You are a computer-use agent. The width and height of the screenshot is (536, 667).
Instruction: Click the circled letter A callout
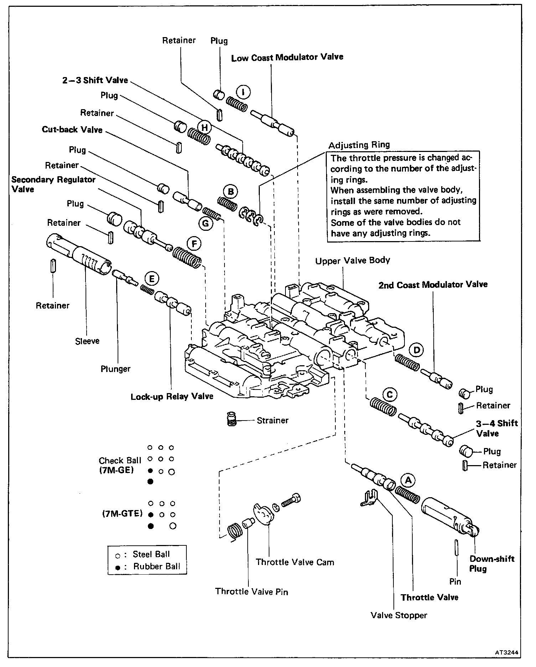408,480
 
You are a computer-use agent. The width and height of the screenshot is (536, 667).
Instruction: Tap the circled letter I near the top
244,92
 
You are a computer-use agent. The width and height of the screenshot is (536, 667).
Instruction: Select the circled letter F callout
194,244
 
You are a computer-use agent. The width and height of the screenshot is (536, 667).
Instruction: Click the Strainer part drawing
232,419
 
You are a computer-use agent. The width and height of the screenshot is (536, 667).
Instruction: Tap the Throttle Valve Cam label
295,562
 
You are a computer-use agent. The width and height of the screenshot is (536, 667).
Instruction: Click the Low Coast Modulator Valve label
287,57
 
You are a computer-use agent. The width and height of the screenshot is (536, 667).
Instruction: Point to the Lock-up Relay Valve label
172,397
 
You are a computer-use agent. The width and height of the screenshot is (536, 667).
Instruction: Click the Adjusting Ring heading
359,145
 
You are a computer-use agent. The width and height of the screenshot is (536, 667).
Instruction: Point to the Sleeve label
87,341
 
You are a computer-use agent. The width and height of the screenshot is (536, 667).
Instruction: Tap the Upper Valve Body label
352,261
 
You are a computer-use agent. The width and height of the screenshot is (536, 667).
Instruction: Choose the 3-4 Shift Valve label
496,428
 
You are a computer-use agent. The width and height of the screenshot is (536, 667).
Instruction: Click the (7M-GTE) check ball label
122,514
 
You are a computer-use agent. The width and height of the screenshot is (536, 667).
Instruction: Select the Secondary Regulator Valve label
53,184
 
